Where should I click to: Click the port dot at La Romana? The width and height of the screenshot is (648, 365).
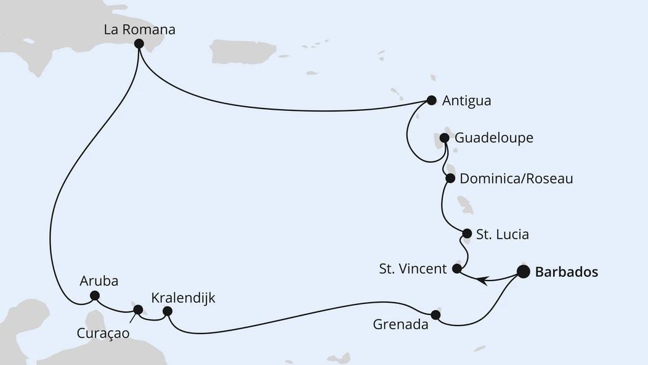(x=139, y=44)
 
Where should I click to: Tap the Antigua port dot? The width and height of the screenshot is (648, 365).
(x=431, y=100)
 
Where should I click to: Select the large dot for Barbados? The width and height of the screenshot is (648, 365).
(x=523, y=271)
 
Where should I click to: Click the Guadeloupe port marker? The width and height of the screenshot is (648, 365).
(x=444, y=137)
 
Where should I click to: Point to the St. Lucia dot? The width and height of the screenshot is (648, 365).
(x=467, y=234)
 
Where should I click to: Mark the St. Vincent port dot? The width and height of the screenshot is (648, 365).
(x=457, y=269)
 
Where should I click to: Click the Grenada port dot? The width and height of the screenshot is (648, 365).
(x=435, y=315)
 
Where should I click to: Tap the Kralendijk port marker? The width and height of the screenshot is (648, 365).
(x=167, y=312)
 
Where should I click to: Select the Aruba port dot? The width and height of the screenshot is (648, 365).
(x=95, y=295)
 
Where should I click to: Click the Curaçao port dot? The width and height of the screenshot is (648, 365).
(x=138, y=310)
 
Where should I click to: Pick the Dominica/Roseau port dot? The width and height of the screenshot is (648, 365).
(x=450, y=178)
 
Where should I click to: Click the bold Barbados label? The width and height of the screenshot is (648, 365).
(x=566, y=272)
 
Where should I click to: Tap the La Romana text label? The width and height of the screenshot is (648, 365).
(x=139, y=29)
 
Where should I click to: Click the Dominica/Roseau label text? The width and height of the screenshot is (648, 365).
(x=516, y=179)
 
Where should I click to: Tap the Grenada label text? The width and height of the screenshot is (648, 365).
(x=400, y=324)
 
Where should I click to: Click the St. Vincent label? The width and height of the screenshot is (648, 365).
(x=413, y=269)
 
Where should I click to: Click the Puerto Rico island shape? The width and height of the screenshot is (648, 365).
(x=243, y=52)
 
